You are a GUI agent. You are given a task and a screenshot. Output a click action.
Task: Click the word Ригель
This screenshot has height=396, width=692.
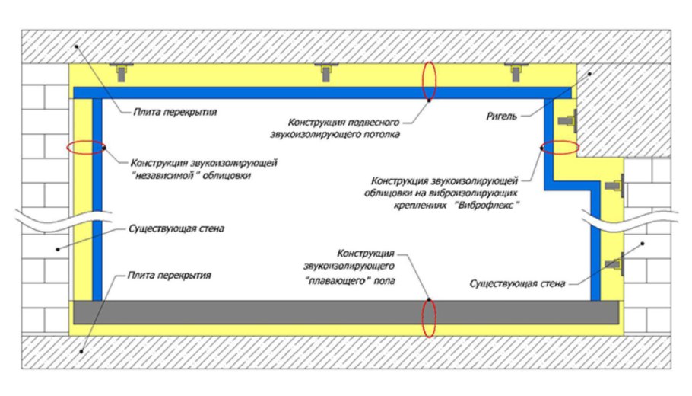(x=502, y=117)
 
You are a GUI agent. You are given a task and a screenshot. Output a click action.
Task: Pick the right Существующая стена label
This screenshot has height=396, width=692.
(x=517, y=284)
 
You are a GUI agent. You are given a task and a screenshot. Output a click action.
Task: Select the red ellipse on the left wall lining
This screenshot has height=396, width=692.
(x=86, y=148)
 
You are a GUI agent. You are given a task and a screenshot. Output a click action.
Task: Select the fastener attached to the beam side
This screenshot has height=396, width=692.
(x=567, y=120)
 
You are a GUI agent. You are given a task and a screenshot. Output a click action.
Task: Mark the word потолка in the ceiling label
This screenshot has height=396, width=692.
(x=382, y=135)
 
